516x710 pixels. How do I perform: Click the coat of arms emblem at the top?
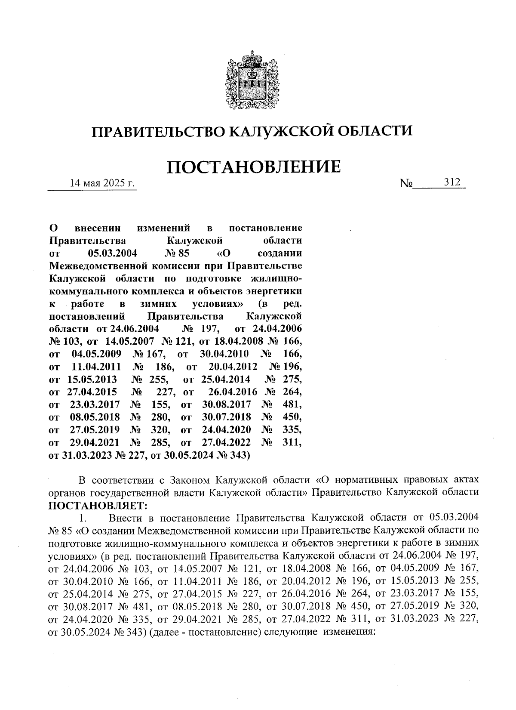[249, 81]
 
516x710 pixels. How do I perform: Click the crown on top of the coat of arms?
[249, 57]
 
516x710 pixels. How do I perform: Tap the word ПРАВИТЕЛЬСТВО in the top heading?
[157, 130]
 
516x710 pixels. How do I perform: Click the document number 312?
[452, 182]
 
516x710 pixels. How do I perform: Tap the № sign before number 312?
[406, 184]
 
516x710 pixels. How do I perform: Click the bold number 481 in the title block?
[292, 405]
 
